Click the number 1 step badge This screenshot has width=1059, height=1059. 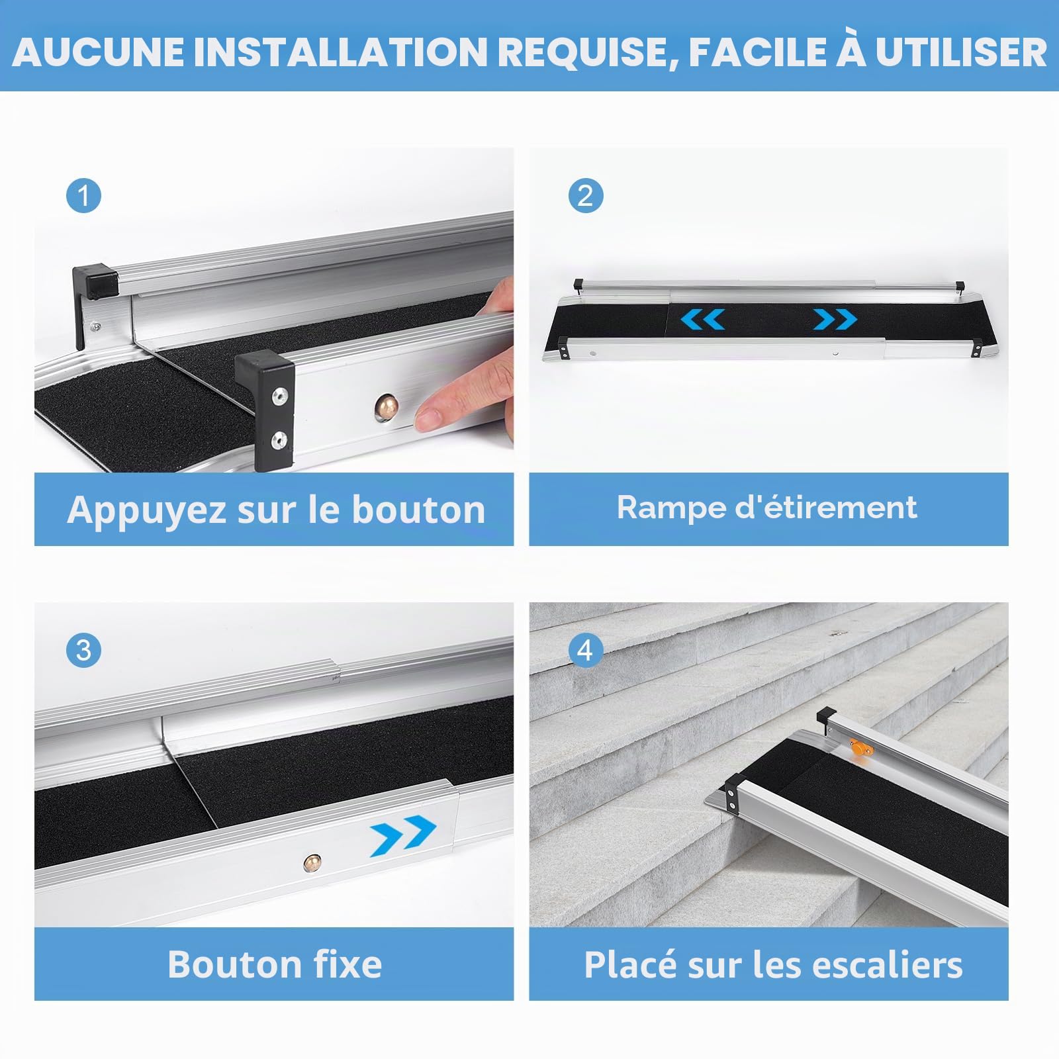click(84, 196)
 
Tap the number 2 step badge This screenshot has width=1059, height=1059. click(586, 196)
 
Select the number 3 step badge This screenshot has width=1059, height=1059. click(84, 650)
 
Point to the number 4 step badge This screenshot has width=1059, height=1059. click(586, 650)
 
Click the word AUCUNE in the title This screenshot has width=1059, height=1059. click(99, 52)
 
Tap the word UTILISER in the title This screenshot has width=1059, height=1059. click(961, 52)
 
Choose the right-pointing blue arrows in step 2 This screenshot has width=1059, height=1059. click(835, 320)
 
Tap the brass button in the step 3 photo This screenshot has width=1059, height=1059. click(312, 862)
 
